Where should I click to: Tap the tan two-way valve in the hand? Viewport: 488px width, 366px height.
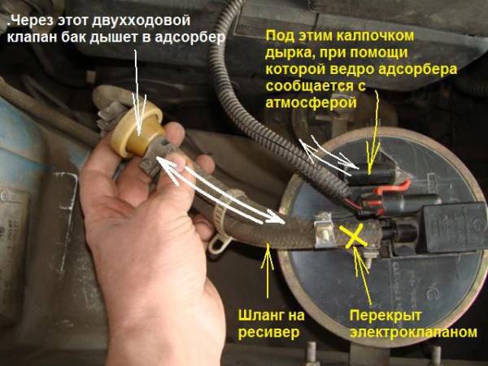[137, 129]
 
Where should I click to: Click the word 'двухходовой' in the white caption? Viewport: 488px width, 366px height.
[142, 21]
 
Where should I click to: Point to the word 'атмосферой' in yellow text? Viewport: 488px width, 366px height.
[311, 102]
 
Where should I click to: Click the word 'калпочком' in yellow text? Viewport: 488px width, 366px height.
[375, 36]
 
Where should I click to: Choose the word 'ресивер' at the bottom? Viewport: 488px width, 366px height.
[268, 332]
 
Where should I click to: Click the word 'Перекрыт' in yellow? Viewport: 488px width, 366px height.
[386, 316]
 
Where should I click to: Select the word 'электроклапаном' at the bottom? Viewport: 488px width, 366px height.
[413, 332]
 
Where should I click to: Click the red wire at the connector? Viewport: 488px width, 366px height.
[393, 187]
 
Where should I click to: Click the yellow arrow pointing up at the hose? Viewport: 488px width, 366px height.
[267, 270]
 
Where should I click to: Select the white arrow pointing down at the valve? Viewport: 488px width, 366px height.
[138, 93]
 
